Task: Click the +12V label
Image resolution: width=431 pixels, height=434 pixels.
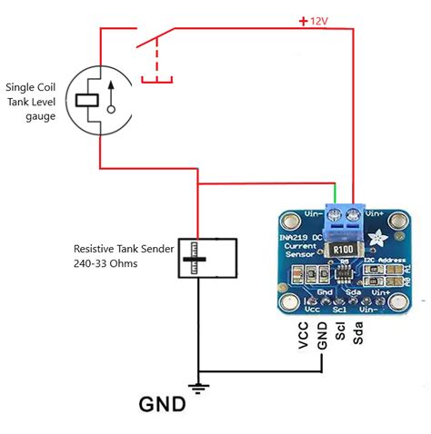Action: click(313, 19)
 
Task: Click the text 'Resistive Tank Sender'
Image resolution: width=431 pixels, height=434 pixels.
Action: click(123, 248)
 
